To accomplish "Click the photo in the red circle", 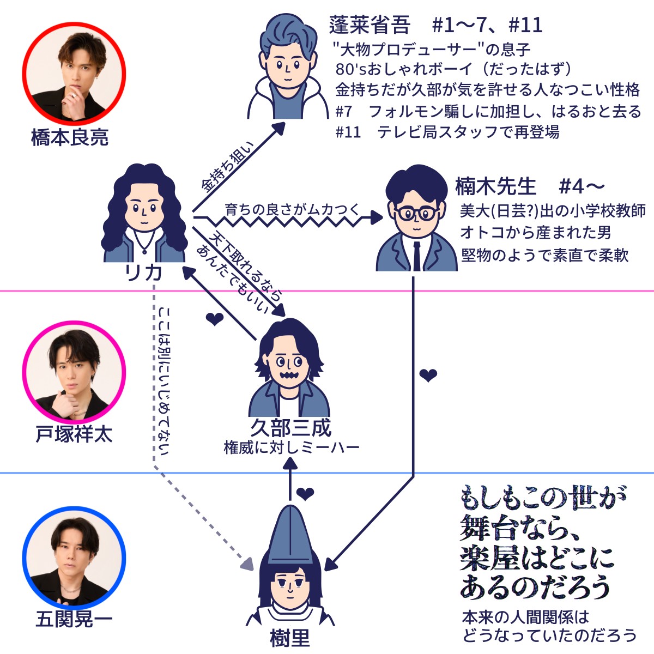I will (x=74, y=73).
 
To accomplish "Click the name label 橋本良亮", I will (x=70, y=138).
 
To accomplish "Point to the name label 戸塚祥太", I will (x=74, y=434).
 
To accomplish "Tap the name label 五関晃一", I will (x=74, y=620).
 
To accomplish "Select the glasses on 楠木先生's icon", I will (x=416, y=213).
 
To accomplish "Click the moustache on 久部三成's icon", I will (x=289, y=376).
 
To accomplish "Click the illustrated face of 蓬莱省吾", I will (x=287, y=64).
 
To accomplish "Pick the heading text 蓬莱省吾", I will (x=369, y=25).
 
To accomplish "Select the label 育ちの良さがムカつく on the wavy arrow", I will (x=292, y=209).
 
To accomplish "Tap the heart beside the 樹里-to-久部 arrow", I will (x=305, y=494).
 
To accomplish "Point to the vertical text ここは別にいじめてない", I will (x=164, y=381).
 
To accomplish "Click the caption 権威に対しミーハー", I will (x=292, y=449).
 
